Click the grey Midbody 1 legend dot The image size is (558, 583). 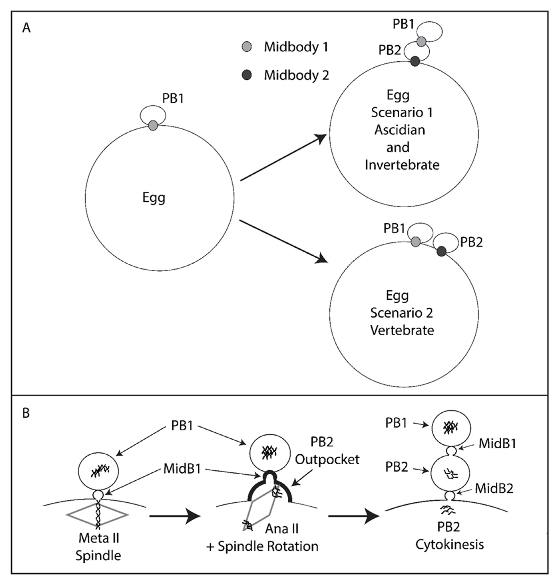coord(247,47)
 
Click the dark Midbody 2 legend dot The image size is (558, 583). coord(247,75)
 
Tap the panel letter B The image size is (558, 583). coord(26,413)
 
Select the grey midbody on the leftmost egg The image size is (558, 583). coord(153,125)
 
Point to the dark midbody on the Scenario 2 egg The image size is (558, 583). coord(441,252)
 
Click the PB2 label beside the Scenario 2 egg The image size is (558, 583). coord(471,242)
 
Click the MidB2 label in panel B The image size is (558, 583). coord(494,489)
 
